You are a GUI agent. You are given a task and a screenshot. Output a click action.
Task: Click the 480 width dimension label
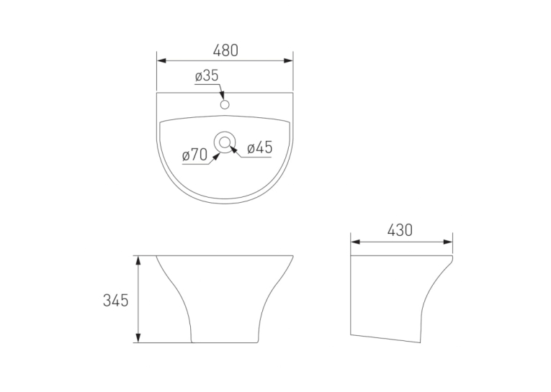tap(225, 50)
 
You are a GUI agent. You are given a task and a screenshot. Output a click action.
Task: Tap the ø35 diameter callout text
tap(207, 76)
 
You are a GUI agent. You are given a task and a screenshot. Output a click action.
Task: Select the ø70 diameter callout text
tap(194, 155)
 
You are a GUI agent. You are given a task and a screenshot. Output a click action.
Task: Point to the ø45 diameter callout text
tap(260, 147)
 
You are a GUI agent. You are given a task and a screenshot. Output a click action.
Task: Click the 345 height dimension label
tap(116, 301)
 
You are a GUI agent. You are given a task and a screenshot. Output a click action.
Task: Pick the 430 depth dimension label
tap(400, 231)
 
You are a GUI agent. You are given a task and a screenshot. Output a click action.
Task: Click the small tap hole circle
tap(225, 104)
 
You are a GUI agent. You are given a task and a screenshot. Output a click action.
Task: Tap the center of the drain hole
tap(225, 142)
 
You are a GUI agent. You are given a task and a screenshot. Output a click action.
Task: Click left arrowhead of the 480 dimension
tap(161, 60)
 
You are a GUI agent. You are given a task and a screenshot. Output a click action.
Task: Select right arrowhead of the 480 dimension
tap(288, 60)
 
